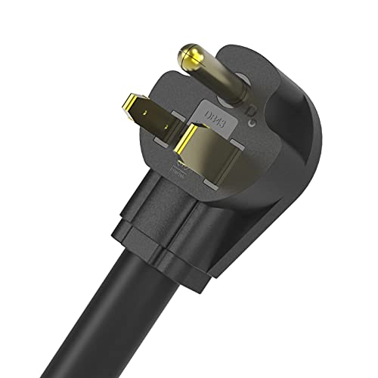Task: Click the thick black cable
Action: [x=151, y=318]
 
